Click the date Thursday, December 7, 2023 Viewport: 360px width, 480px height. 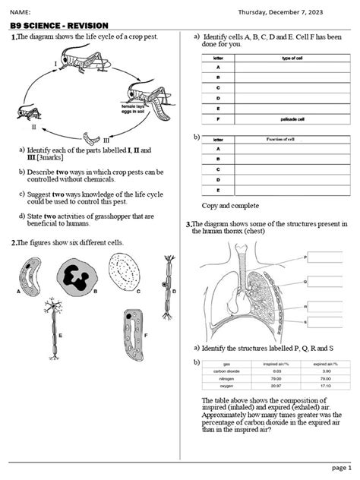click(279, 11)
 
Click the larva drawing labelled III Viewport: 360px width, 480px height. click(93, 137)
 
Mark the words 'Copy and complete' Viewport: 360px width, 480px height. click(231, 206)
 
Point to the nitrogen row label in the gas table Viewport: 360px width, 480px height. click(226, 377)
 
